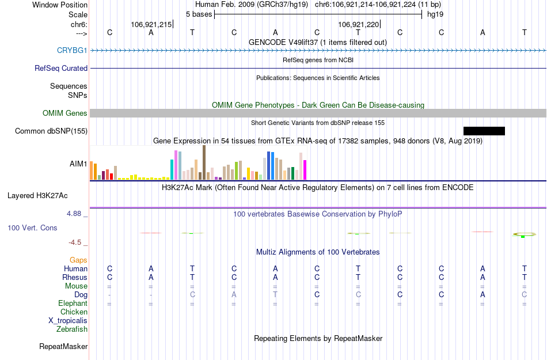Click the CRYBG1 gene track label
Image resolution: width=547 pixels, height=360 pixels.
pos(72,50)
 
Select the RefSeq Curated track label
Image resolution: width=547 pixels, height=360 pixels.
pos(61,68)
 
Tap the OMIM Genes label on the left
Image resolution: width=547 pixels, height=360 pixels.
pos(65,113)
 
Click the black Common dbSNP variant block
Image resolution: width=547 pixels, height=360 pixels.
pos(484,131)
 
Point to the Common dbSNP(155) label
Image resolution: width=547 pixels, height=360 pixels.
pos(51,131)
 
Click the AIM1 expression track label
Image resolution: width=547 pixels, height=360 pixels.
pos(78,164)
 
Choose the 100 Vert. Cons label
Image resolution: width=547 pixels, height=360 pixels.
pos(32,228)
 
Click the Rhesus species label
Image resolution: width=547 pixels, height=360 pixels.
pos(75,277)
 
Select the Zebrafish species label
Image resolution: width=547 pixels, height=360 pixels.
pos(72,329)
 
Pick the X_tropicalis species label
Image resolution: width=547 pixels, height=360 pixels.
pos(68,321)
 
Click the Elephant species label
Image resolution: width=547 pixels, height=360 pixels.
pos(73,303)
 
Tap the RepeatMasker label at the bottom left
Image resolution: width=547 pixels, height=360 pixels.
pos(63,347)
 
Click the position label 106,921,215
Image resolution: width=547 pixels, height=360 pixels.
pos(151,25)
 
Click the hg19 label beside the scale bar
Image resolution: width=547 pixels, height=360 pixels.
pos(435,14)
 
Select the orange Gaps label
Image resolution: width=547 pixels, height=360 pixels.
pos(78,260)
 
